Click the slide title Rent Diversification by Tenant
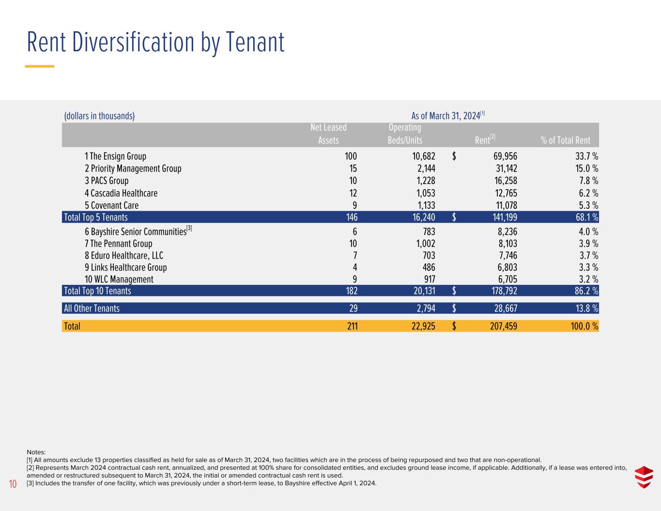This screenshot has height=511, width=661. (x=155, y=43)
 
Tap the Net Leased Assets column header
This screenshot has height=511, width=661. (x=328, y=134)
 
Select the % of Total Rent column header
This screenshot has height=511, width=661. (x=565, y=140)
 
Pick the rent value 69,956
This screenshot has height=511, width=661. (x=505, y=156)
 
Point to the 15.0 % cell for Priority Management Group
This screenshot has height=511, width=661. (x=586, y=169)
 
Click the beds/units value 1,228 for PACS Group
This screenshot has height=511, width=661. (x=426, y=181)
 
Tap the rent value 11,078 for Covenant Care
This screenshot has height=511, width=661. (x=506, y=206)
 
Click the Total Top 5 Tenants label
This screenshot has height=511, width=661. (x=96, y=217)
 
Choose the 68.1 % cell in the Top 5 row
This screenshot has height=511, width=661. (x=587, y=217)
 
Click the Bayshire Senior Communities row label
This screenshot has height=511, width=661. (x=138, y=231)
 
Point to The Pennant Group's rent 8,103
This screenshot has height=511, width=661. (x=507, y=244)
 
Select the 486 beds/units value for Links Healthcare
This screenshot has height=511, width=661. (x=429, y=267)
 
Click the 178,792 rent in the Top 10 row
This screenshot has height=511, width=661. (x=504, y=291)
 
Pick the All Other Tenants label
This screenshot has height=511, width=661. (x=92, y=309)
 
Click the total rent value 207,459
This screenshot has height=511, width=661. (x=504, y=326)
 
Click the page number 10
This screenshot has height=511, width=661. (x=13, y=484)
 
